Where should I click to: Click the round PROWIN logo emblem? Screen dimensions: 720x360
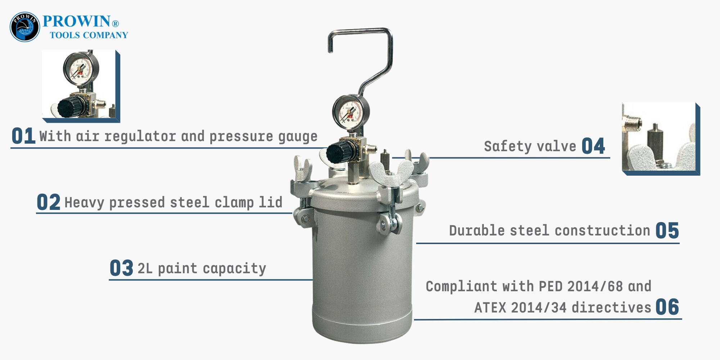[x=25, y=27]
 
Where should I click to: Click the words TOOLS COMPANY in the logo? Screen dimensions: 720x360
[x=89, y=35]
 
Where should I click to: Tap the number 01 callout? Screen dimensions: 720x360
[x=23, y=136]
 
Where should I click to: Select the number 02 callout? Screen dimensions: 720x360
[x=49, y=202]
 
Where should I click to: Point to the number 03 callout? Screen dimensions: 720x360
[x=121, y=268]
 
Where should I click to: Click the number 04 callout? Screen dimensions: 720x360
[x=593, y=146]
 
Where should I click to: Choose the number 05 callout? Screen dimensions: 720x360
[x=667, y=230]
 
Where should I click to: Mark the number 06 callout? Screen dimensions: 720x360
[x=667, y=307]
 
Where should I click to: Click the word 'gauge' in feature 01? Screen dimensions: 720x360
[x=298, y=137]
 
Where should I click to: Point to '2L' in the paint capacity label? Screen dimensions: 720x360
[x=145, y=269]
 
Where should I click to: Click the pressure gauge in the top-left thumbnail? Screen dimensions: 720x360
[x=81, y=69]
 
